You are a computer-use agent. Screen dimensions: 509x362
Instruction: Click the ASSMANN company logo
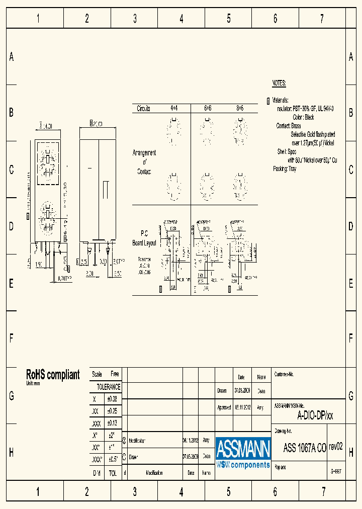(x=243, y=453)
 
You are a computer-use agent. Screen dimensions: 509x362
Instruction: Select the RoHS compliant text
(x=53, y=375)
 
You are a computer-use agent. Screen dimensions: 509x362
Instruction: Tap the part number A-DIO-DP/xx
(x=315, y=415)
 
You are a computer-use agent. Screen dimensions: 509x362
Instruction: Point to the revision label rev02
(x=335, y=446)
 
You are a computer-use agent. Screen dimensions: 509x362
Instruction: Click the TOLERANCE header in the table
(x=109, y=387)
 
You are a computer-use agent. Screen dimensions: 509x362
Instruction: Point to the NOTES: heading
(x=279, y=83)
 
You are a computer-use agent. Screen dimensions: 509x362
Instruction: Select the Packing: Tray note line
(x=285, y=168)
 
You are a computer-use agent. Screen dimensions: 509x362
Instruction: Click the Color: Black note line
(x=303, y=117)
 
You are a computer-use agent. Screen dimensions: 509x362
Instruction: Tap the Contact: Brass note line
(x=289, y=126)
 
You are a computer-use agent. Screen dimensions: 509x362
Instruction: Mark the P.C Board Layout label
(x=144, y=238)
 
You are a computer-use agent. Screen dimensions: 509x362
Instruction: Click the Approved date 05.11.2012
(x=242, y=407)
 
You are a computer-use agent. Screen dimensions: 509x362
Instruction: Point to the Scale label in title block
(x=97, y=374)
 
